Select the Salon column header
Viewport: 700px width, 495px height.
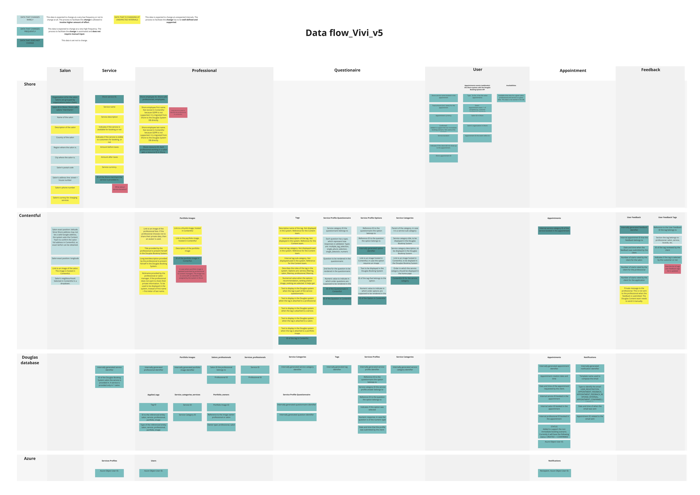[x=65, y=70]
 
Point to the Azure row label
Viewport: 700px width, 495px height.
[x=30, y=458]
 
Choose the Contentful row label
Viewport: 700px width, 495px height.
[x=30, y=215]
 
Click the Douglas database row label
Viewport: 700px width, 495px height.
[x=30, y=360]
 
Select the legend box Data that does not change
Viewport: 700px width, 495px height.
[x=30, y=43]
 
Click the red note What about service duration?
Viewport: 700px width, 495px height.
[x=120, y=188]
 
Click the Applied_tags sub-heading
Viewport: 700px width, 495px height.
[x=153, y=395]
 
